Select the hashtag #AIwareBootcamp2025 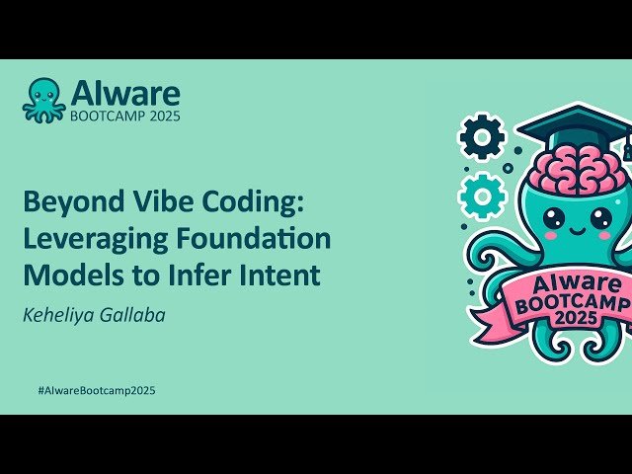coord(96,390)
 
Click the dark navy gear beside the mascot coord(482,138)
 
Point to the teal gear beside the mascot coord(482,195)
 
